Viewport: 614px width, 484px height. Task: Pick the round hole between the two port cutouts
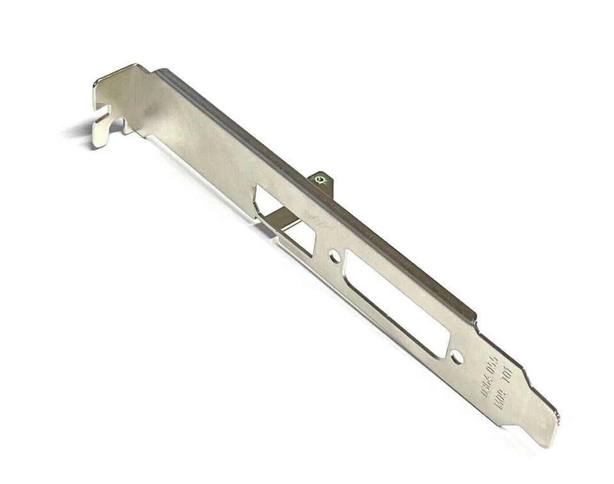335,257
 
